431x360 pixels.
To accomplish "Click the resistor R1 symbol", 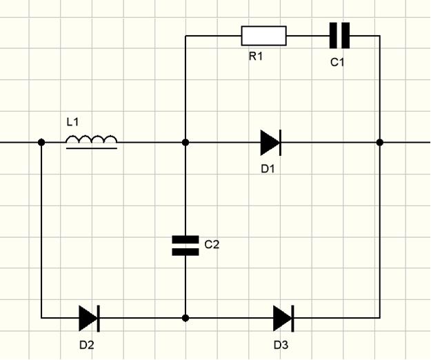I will (263, 35).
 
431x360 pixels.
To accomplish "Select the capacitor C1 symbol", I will (339, 35).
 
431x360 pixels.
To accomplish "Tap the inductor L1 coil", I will (92, 141).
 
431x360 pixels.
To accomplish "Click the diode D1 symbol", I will (270, 142).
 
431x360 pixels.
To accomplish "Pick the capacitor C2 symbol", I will (186, 246).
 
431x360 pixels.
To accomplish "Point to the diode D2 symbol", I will (88, 318).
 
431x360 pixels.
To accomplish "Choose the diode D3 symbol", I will (283, 318).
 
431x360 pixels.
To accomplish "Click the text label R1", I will (257, 57).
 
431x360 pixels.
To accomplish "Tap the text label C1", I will (337, 62).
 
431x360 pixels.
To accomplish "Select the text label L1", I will (73, 122).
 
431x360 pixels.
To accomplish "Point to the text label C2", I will (212, 243).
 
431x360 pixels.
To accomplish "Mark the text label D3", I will (281, 343).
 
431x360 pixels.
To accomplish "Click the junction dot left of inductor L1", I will (41, 142).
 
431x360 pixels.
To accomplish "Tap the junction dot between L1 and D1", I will (186, 142).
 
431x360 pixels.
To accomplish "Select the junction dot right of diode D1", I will (380, 142).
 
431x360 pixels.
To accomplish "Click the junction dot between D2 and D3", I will (186, 318).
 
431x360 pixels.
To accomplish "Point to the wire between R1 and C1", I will (308, 35).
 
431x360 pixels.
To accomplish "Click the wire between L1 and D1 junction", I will (152, 142).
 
